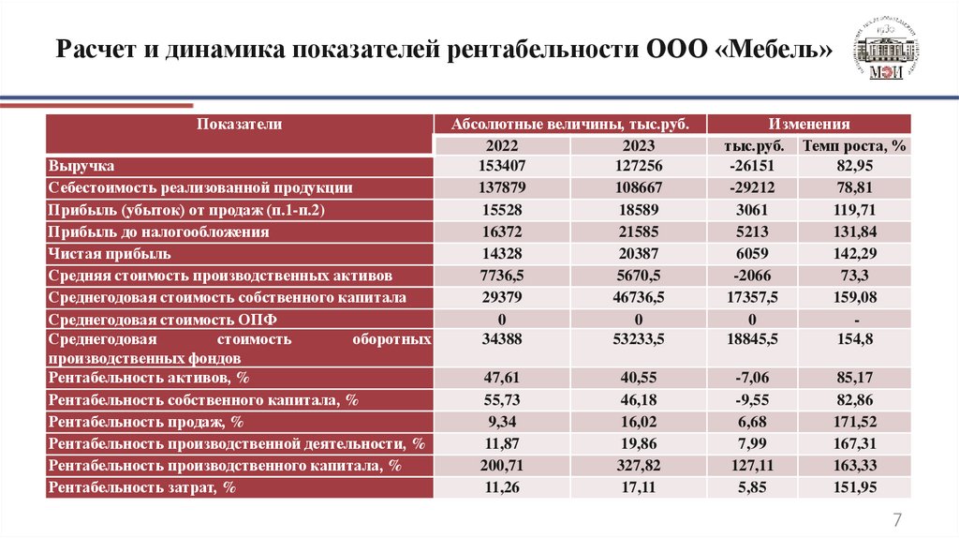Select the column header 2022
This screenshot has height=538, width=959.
[502, 145]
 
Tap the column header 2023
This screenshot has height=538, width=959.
[638, 145]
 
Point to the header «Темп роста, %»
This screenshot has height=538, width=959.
[854, 145]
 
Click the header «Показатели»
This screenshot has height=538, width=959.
[239, 124]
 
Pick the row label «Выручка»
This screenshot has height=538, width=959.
[81, 166]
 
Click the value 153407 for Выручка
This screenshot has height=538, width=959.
[502, 166]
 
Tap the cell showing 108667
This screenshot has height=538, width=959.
[638, 187]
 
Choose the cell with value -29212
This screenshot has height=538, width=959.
[752, 187]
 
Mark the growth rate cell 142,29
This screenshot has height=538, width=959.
[854, 253]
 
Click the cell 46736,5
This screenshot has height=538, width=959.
[638, 297]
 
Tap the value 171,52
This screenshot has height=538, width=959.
[854, 422]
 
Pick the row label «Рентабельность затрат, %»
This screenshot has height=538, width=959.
[141, 487]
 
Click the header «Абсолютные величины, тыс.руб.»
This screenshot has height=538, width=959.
[570, 124]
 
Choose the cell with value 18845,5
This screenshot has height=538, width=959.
[752, 339]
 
